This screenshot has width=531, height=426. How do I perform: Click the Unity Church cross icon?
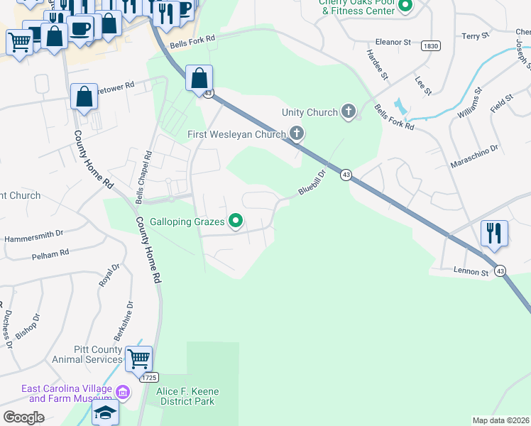[348, 111]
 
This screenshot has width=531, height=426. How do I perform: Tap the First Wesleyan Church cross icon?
[297, 133]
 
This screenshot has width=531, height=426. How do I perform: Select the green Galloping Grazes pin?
[236, 222]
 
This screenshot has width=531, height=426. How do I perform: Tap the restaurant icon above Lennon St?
[494, 233]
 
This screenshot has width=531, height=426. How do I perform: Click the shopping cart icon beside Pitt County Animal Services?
[138, 359]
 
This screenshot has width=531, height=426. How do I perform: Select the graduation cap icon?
[105, 413]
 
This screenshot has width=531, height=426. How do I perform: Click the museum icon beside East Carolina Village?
[122, 392]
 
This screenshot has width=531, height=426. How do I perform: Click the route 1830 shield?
[430, 45]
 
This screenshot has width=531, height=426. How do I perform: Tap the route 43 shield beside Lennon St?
[500, 271]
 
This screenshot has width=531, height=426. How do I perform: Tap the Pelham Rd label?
[50, 253]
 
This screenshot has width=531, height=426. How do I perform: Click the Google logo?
[23, 417]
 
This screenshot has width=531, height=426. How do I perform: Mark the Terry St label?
[476, 35]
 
